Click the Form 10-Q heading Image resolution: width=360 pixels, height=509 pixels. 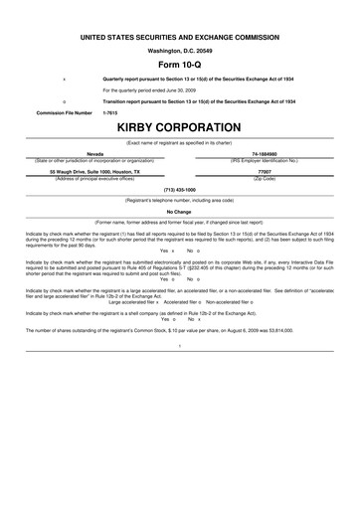[179, 62]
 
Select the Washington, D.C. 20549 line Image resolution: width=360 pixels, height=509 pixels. [179, 48]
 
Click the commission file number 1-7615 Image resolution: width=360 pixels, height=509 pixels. [110, 113]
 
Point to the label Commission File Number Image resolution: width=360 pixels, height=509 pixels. [64, 113]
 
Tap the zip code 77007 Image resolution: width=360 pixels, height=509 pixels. [264, 170]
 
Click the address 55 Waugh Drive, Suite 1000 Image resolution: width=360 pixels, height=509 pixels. [95, 170]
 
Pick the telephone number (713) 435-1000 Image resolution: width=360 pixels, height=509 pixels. [179, 188]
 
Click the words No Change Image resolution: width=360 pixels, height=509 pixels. [179, 212]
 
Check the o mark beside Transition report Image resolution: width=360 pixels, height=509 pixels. [64, 101]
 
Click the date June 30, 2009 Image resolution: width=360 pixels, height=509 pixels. [178, 89]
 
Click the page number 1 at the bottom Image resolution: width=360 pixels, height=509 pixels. [179, 345]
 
